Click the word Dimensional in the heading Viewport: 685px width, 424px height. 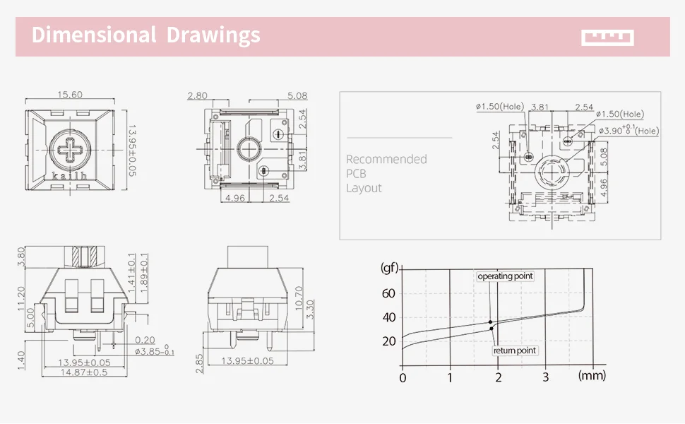tap(93, 35)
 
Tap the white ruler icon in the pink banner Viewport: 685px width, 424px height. tap(607, 37)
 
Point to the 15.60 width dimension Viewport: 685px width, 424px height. tap(70, 95)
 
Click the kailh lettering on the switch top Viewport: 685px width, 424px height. tap(69, 176)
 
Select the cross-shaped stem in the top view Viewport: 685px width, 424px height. tap(70, 149)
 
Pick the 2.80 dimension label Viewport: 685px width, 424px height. tap(197, 95)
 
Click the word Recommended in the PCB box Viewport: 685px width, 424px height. tap(386, 159)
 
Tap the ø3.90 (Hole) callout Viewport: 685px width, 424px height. tap(629, 130)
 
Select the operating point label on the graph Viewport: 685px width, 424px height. tap(505, 276)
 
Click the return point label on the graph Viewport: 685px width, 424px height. tap(515, 351)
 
